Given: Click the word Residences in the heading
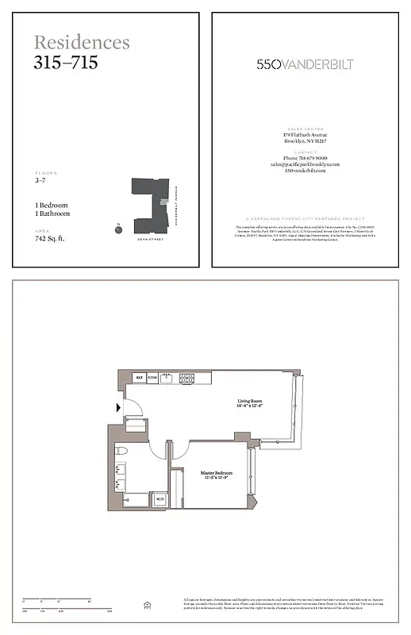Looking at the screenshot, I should pos(82,43).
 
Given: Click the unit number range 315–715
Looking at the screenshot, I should pos(66,63).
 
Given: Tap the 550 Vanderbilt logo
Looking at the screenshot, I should pos(305,64).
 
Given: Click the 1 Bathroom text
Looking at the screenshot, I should pos(52,214).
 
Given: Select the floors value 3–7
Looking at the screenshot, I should pos(40,181).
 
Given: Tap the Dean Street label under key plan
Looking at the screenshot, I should pos(149,238).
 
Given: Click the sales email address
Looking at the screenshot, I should pos(305,164).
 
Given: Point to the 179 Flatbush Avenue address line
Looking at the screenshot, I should pos(305,135).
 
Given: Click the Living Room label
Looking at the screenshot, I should pos(250,402).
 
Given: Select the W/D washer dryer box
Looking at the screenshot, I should pos(159,499).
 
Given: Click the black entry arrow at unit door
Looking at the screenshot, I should pos(119,408).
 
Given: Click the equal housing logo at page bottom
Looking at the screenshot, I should pos(146,605).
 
